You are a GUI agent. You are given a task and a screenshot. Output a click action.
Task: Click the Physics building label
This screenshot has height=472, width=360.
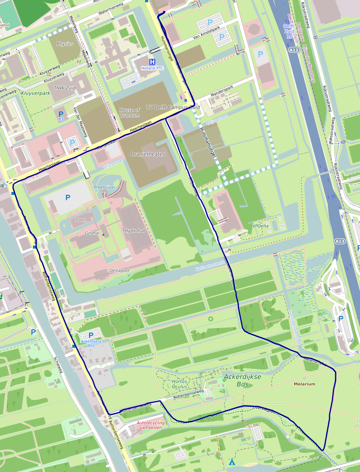pyautogui.click(x=65, y=44)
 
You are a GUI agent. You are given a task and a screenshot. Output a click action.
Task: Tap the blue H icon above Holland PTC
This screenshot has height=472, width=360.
pyautogui.click(x=152, y=62)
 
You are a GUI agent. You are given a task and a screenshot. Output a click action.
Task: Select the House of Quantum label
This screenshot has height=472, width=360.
pyautogui.click(x=129, y=113)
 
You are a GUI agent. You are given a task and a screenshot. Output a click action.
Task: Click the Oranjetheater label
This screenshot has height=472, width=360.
pyautogui.click(x=147, y=154)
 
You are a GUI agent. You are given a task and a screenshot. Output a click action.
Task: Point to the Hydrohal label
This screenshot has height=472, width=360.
pyautogui.click(x=134, y=231)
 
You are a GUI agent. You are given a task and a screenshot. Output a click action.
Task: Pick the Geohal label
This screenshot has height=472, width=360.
pyautogui.click(x=92, y=233)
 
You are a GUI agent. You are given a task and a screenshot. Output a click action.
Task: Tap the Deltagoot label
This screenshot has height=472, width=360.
pyautogui.click(x=119, y=270)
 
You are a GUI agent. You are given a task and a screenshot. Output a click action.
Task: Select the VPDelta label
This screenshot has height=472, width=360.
pyautogui.click(x=260, y=226)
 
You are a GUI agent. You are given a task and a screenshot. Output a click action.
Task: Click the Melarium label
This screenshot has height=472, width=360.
pyautogui.click(x=304, y=384)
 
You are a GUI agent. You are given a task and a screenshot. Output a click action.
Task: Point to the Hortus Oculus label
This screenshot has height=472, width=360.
pyautogui.click(x=179, y=384)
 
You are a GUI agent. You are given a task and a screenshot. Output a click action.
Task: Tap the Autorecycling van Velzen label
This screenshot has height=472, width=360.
pyautogui.click(x=151, y=425)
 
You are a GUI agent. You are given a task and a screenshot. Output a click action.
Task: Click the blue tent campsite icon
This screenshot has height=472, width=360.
pyautogui.click(x=232, y=462)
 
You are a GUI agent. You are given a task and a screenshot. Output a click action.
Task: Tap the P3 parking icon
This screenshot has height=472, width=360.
pyautogui.click(x=61, y=115)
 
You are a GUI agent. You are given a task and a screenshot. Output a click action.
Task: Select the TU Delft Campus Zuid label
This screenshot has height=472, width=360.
pyautogui.click(x=173, y=107)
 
